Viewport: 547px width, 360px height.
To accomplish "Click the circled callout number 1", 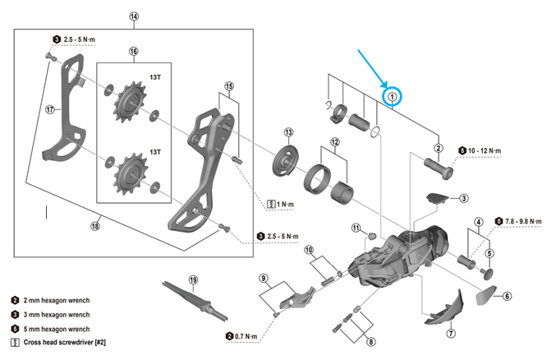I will (x=393, y=96).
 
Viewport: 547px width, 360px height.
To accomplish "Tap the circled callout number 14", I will (x=134, y=16).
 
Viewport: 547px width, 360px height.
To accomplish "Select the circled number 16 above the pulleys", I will (x=133, y=50).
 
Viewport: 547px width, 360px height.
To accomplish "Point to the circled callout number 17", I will (x=49, y=108).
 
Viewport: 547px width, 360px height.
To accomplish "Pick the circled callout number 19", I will (x=193, y=280).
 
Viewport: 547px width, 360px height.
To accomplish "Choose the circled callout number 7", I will (x=450, y=334).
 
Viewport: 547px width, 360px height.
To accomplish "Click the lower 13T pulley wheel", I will (x=128, y=172).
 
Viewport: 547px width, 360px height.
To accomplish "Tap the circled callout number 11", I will (x=356, y=228).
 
